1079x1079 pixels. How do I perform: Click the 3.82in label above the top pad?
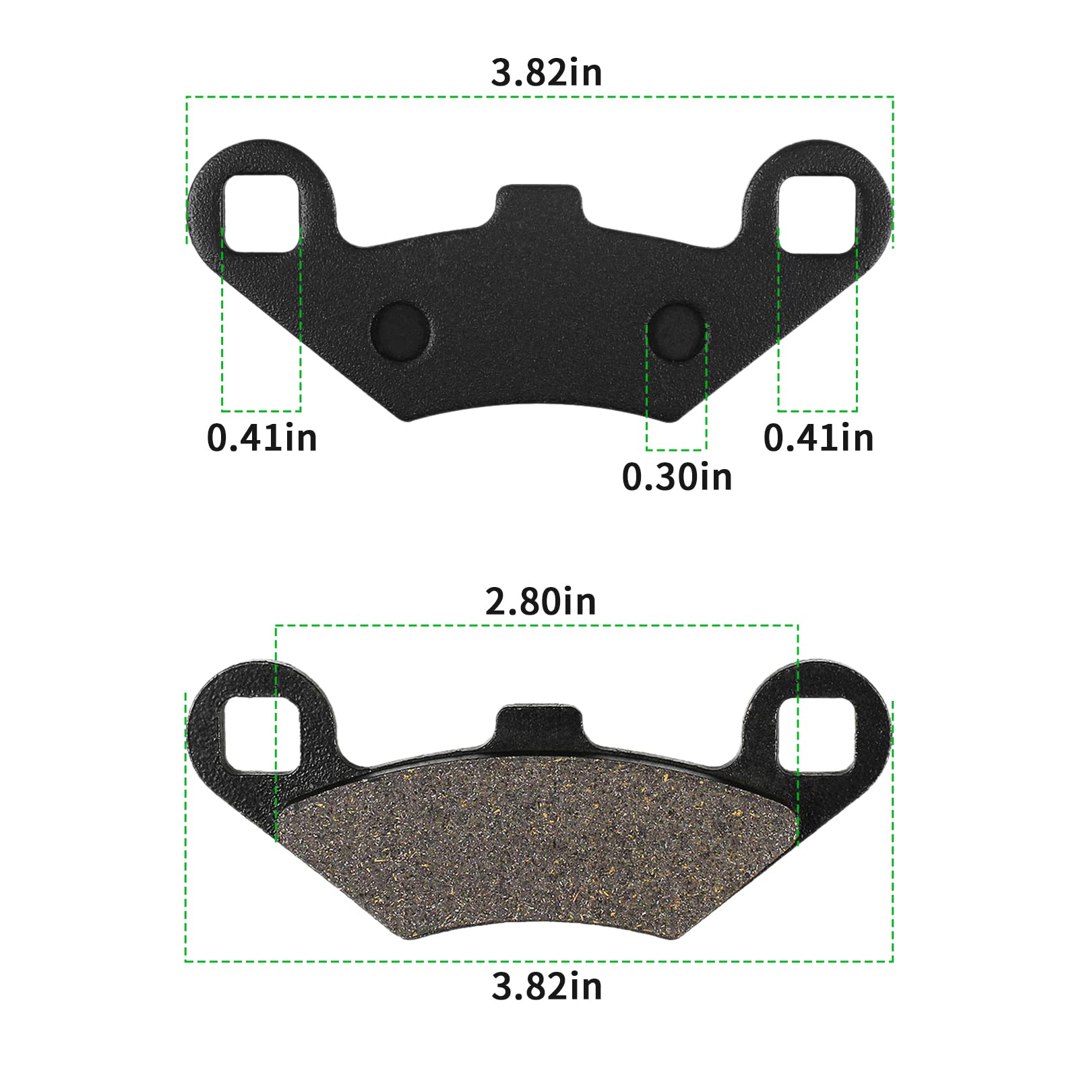pos(546,73)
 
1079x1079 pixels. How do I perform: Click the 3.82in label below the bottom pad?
pos(546,987)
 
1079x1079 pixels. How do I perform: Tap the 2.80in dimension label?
pos(541,601)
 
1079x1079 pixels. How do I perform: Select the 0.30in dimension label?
pos(677,477)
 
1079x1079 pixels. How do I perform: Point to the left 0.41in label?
pos(261,438)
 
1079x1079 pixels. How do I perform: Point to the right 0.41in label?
pos(818,438)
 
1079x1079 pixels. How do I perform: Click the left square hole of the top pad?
pos(261,214)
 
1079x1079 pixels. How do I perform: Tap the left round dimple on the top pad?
pos(400,330)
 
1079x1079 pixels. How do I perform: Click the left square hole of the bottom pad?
pos(261,735)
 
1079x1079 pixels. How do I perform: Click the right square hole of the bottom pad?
pos(817,735)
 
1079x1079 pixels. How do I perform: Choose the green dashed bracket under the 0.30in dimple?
pos(676,450)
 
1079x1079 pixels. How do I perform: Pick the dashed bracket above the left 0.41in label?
pos(261,410)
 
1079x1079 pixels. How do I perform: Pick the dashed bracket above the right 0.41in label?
pos(818,410)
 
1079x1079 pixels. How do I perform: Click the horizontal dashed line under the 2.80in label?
pos(536,625)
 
